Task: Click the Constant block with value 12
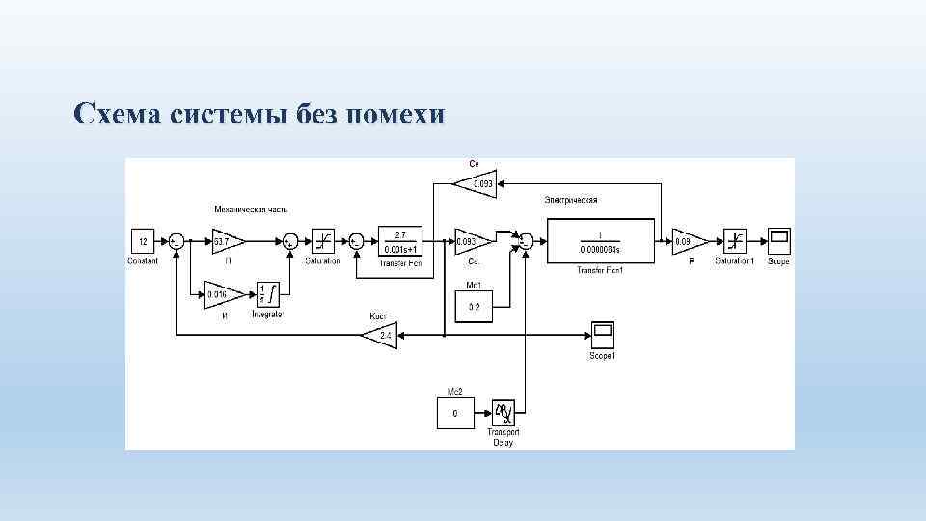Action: coord(143,241)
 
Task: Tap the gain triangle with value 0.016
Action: coord(219,293)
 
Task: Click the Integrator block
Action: coord(267,294)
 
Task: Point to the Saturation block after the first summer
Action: coord(323,241)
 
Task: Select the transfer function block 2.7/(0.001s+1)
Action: coord(400,241)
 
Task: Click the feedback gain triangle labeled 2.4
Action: coord(381,336)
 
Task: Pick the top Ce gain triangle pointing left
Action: coord(477,183)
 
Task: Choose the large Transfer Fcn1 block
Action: coord(601,241)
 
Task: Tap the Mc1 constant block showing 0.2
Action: coord(474,306)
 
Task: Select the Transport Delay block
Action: coord(504,414)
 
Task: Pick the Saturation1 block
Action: coord(736,241)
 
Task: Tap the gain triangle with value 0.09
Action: coord(688,241)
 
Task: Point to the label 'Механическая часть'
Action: coord(251,209)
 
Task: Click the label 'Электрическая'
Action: coord(571,200)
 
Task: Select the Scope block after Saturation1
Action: coord(778,241)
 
